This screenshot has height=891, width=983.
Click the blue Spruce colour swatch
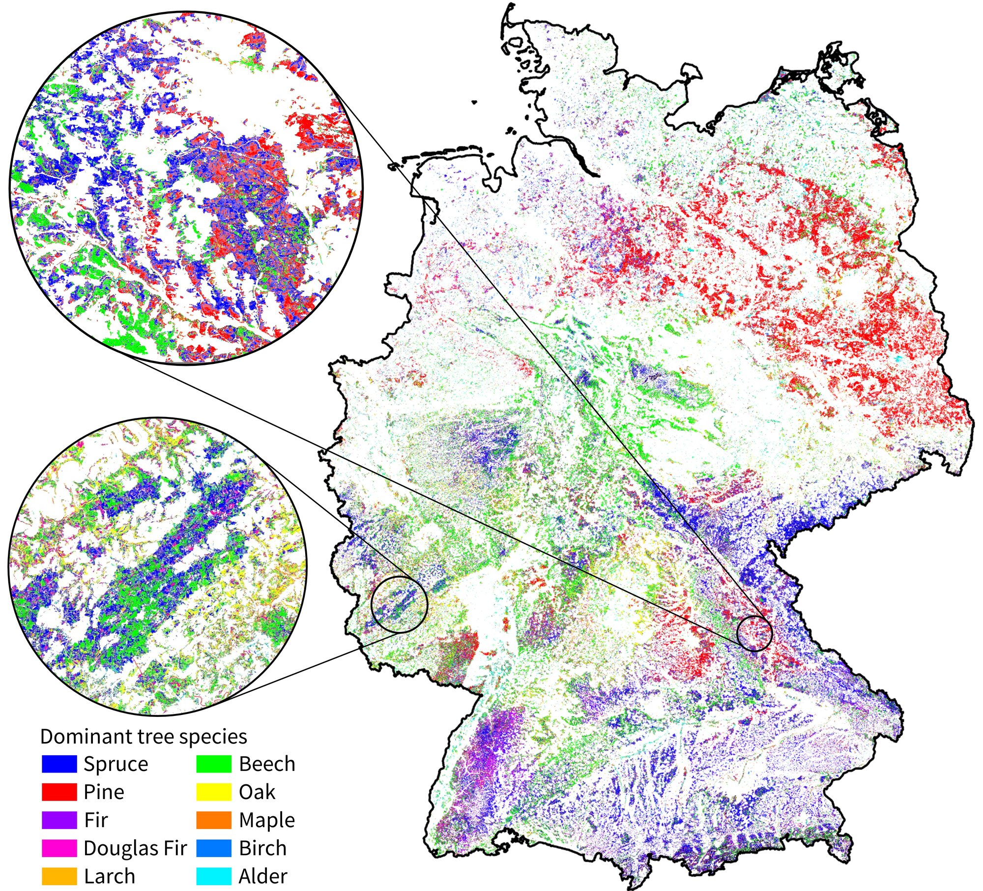coord(59,764)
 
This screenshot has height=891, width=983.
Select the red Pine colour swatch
coord(59,792)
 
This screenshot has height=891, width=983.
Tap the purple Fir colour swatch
coord(59,820)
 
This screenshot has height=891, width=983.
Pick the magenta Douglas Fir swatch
coord(59,848)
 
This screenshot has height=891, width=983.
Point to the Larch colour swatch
coord(59,876)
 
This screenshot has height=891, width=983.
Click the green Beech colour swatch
coord(214,764)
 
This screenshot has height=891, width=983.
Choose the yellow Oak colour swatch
coord(214,792)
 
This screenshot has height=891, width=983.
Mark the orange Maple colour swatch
coord(214,820)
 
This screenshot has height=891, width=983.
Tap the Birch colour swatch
coord(214,848)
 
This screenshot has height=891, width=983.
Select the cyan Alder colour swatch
coord(214,876)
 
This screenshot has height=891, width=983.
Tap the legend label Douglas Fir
coord(135,848)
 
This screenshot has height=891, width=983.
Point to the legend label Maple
coord(267,821)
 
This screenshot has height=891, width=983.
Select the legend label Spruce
coord(116,765)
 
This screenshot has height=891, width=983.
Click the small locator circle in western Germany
coord(400,605)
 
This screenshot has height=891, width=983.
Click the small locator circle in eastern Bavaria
coord(755,633)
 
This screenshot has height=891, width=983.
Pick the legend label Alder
coord(263,876)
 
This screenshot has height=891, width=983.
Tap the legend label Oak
coord(257,792)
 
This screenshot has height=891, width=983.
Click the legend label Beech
coord(267,764)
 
